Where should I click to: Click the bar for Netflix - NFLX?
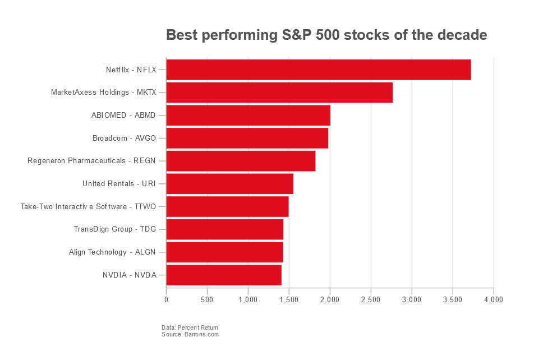tap(318, 70)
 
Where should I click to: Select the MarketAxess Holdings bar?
tap(279, 93)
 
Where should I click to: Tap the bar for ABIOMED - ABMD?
tap(248, 116)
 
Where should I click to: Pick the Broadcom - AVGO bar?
tap(247, 138)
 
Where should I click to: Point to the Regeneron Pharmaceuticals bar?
tap(241, 161)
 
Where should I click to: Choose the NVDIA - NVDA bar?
tap(224, 275)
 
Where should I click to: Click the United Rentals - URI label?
tap(119, 184)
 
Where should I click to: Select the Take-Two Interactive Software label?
tap(88, 207)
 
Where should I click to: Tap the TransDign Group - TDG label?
tap(115, 229)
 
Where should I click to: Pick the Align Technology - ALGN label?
tap(113, 252)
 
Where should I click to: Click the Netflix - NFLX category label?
tap(131, 70)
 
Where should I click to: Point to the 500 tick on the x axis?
tap(207, 300)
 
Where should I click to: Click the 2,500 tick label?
tap(371, 300)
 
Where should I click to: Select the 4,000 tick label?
tap(494, 300)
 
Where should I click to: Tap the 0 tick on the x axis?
tap(166, 300)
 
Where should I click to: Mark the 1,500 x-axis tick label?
tap(289, 300)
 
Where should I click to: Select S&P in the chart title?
tap(296, 35)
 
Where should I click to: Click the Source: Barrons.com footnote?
tap(190, 335)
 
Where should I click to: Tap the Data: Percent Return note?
tap(190, 327)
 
